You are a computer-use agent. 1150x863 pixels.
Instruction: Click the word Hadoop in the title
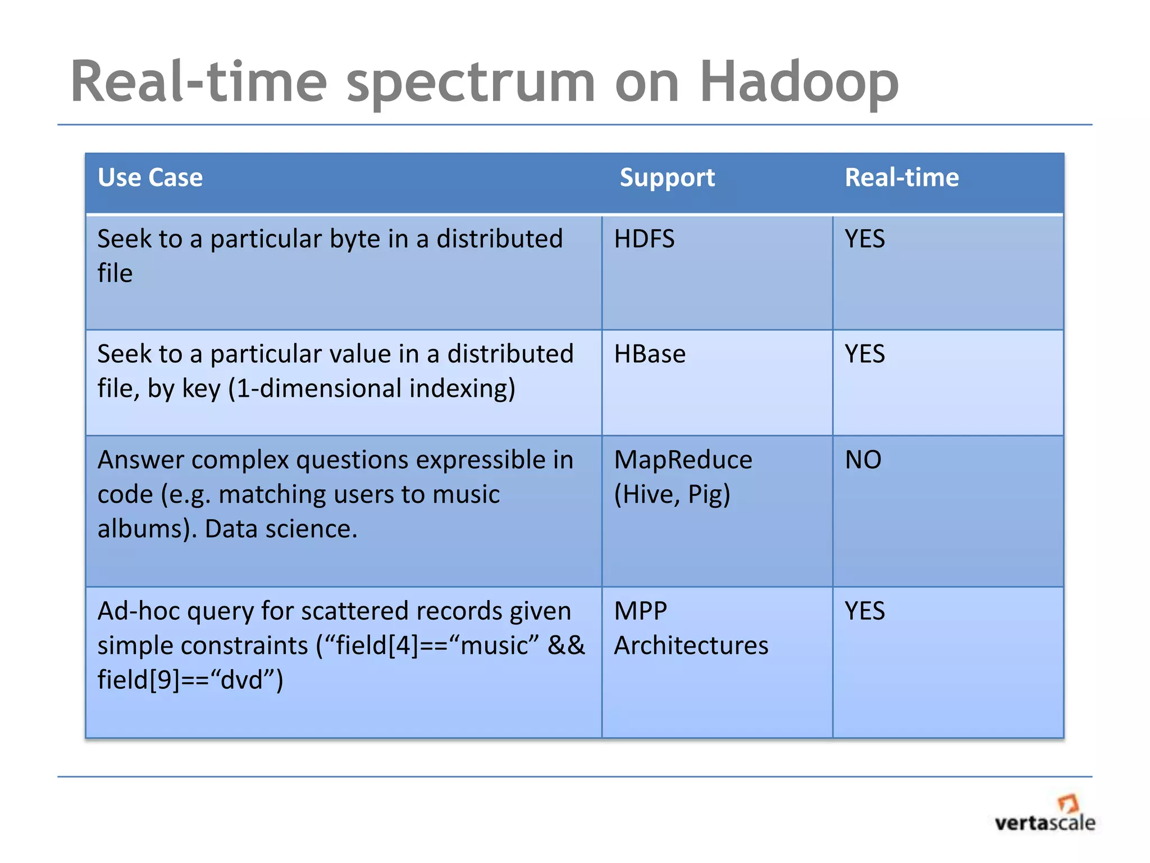pos(798,83)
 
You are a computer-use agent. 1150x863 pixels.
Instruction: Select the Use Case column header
pos(150,178)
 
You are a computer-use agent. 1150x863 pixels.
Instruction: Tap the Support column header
pos(667,178)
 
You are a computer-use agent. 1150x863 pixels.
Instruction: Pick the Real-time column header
pos(902,178)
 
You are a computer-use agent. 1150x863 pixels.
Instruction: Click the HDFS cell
pos(644,239)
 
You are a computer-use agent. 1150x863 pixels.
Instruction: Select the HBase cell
pos(650,355)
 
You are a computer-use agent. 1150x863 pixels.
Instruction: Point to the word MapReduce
pos(683,460)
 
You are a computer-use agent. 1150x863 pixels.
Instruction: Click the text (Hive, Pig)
pos(672,494)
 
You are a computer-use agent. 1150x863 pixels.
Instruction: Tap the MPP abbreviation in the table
pos(641,611)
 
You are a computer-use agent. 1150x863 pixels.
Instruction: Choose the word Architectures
pos(691,646)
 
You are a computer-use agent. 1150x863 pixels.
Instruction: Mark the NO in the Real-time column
pos(863,460)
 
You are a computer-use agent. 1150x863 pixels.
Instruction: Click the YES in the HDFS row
pos(865,239)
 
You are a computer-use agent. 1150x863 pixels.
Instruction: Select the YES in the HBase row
pos(865,355)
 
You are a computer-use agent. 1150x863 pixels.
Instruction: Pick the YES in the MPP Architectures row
pos(865,611)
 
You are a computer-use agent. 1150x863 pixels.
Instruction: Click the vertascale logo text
pos(1044,824)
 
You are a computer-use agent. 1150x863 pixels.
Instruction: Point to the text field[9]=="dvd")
pos(190,680)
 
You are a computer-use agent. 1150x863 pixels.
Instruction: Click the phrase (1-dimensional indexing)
pos(371,389)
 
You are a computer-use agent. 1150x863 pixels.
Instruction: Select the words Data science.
pos(281,529)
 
